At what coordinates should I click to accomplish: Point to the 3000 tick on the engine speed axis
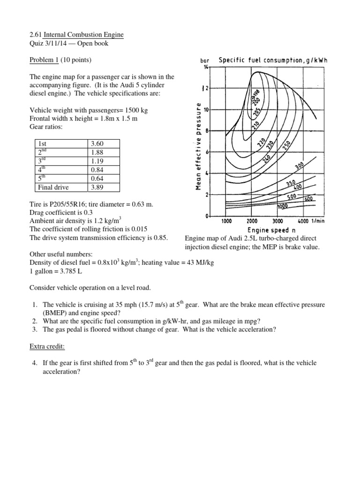click(277, 221)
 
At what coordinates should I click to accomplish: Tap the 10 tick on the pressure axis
click(205, 109)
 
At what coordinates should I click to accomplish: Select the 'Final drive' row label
click(53, 187)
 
